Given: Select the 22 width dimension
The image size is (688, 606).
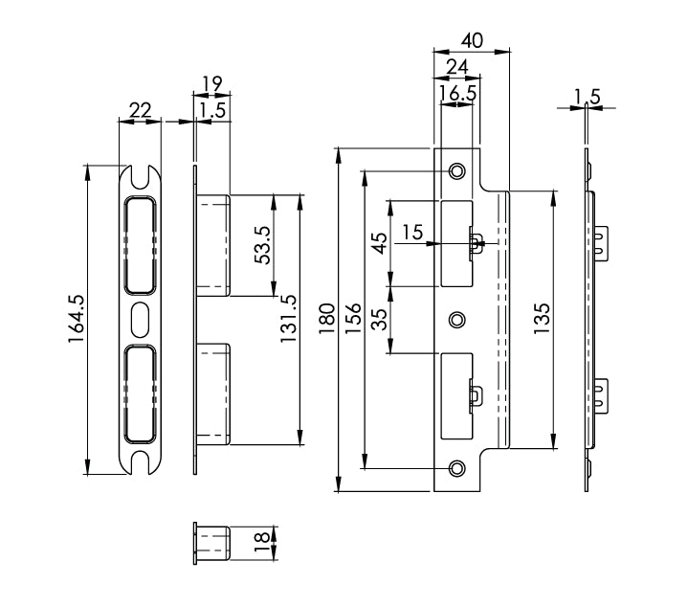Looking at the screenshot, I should click(140, 110).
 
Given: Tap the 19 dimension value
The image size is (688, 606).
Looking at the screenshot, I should click(211, 84).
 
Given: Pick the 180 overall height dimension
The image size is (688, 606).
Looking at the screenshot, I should click(326, 320).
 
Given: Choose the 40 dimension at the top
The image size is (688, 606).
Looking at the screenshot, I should click(471, 40).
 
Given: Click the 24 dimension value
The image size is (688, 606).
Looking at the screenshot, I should click(456, 66).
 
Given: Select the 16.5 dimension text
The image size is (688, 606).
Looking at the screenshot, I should click(456, 93).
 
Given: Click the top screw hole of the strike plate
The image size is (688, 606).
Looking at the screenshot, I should click(457, 170).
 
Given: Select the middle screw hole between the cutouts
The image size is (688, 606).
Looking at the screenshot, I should click(457, 319).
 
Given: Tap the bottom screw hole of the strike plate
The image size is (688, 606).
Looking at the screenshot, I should click(457, 468).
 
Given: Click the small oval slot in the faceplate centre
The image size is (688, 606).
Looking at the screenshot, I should click(140, 315).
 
